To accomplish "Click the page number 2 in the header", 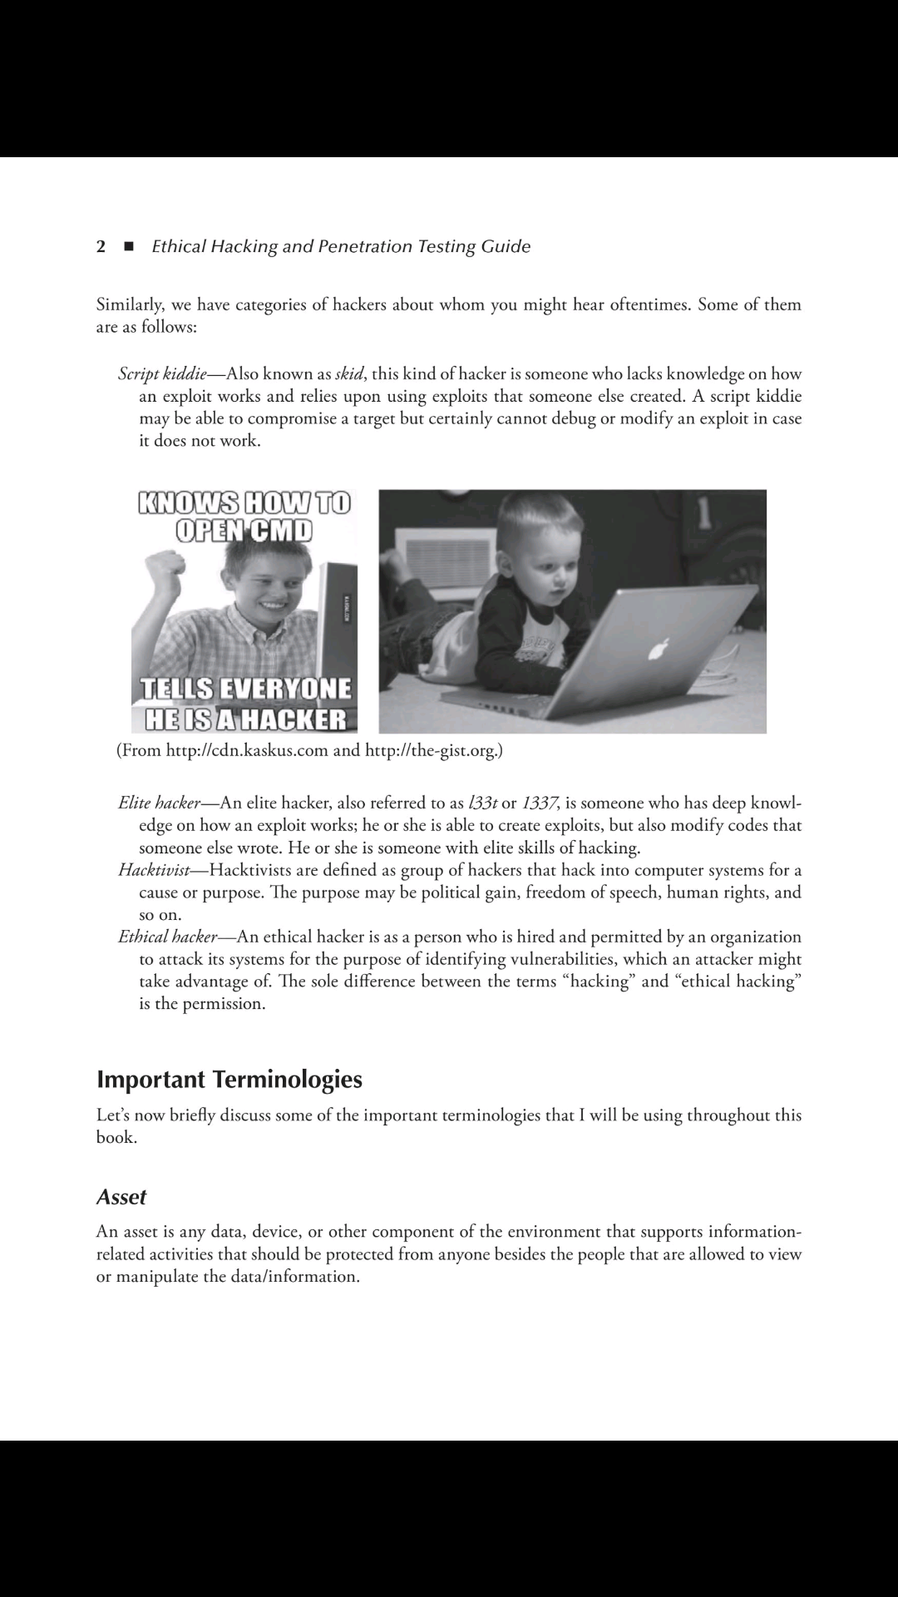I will [101, 246].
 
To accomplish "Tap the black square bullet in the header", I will [128, 246].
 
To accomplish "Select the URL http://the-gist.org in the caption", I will [431, 751].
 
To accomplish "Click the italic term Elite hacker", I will [159, 803].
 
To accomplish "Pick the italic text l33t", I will [482, 803].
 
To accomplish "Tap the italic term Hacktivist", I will [154, 870].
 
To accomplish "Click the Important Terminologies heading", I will [229, 1080].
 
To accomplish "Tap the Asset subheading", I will [121, 1197].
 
